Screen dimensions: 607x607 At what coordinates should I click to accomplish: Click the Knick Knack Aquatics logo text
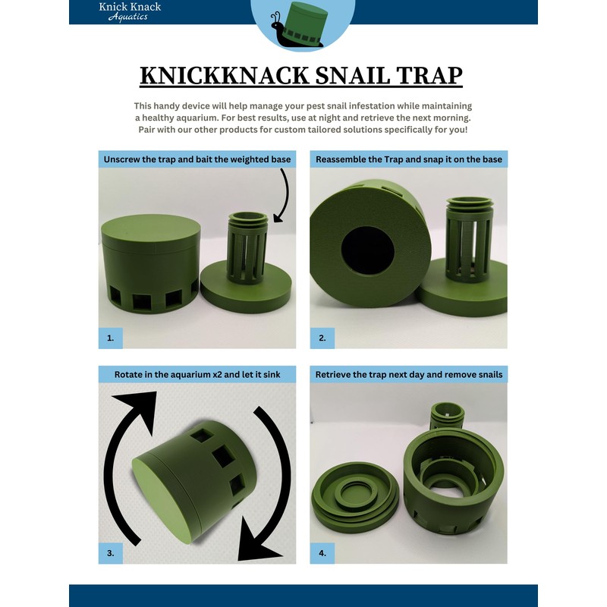[x=130, y=11]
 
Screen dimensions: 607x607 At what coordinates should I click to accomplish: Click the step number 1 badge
[x=111, y=338]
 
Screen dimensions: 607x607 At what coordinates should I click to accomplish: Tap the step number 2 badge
[x=322, y=338]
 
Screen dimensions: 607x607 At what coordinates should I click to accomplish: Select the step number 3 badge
[x=111, y=553]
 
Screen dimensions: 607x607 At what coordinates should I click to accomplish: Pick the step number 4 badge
[x=322, y=553]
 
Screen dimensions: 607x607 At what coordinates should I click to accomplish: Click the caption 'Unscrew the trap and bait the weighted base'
[x=197, y=159]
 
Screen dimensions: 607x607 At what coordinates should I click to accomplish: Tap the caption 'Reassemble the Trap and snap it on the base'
[x=408, y=159]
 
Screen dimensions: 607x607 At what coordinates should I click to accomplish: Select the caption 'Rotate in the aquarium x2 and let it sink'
[x=197, y=375]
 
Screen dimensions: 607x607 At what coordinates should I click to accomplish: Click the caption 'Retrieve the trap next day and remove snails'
[x=408, y=375]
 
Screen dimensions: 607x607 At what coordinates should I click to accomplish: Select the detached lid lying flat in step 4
[x=353, y=501]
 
